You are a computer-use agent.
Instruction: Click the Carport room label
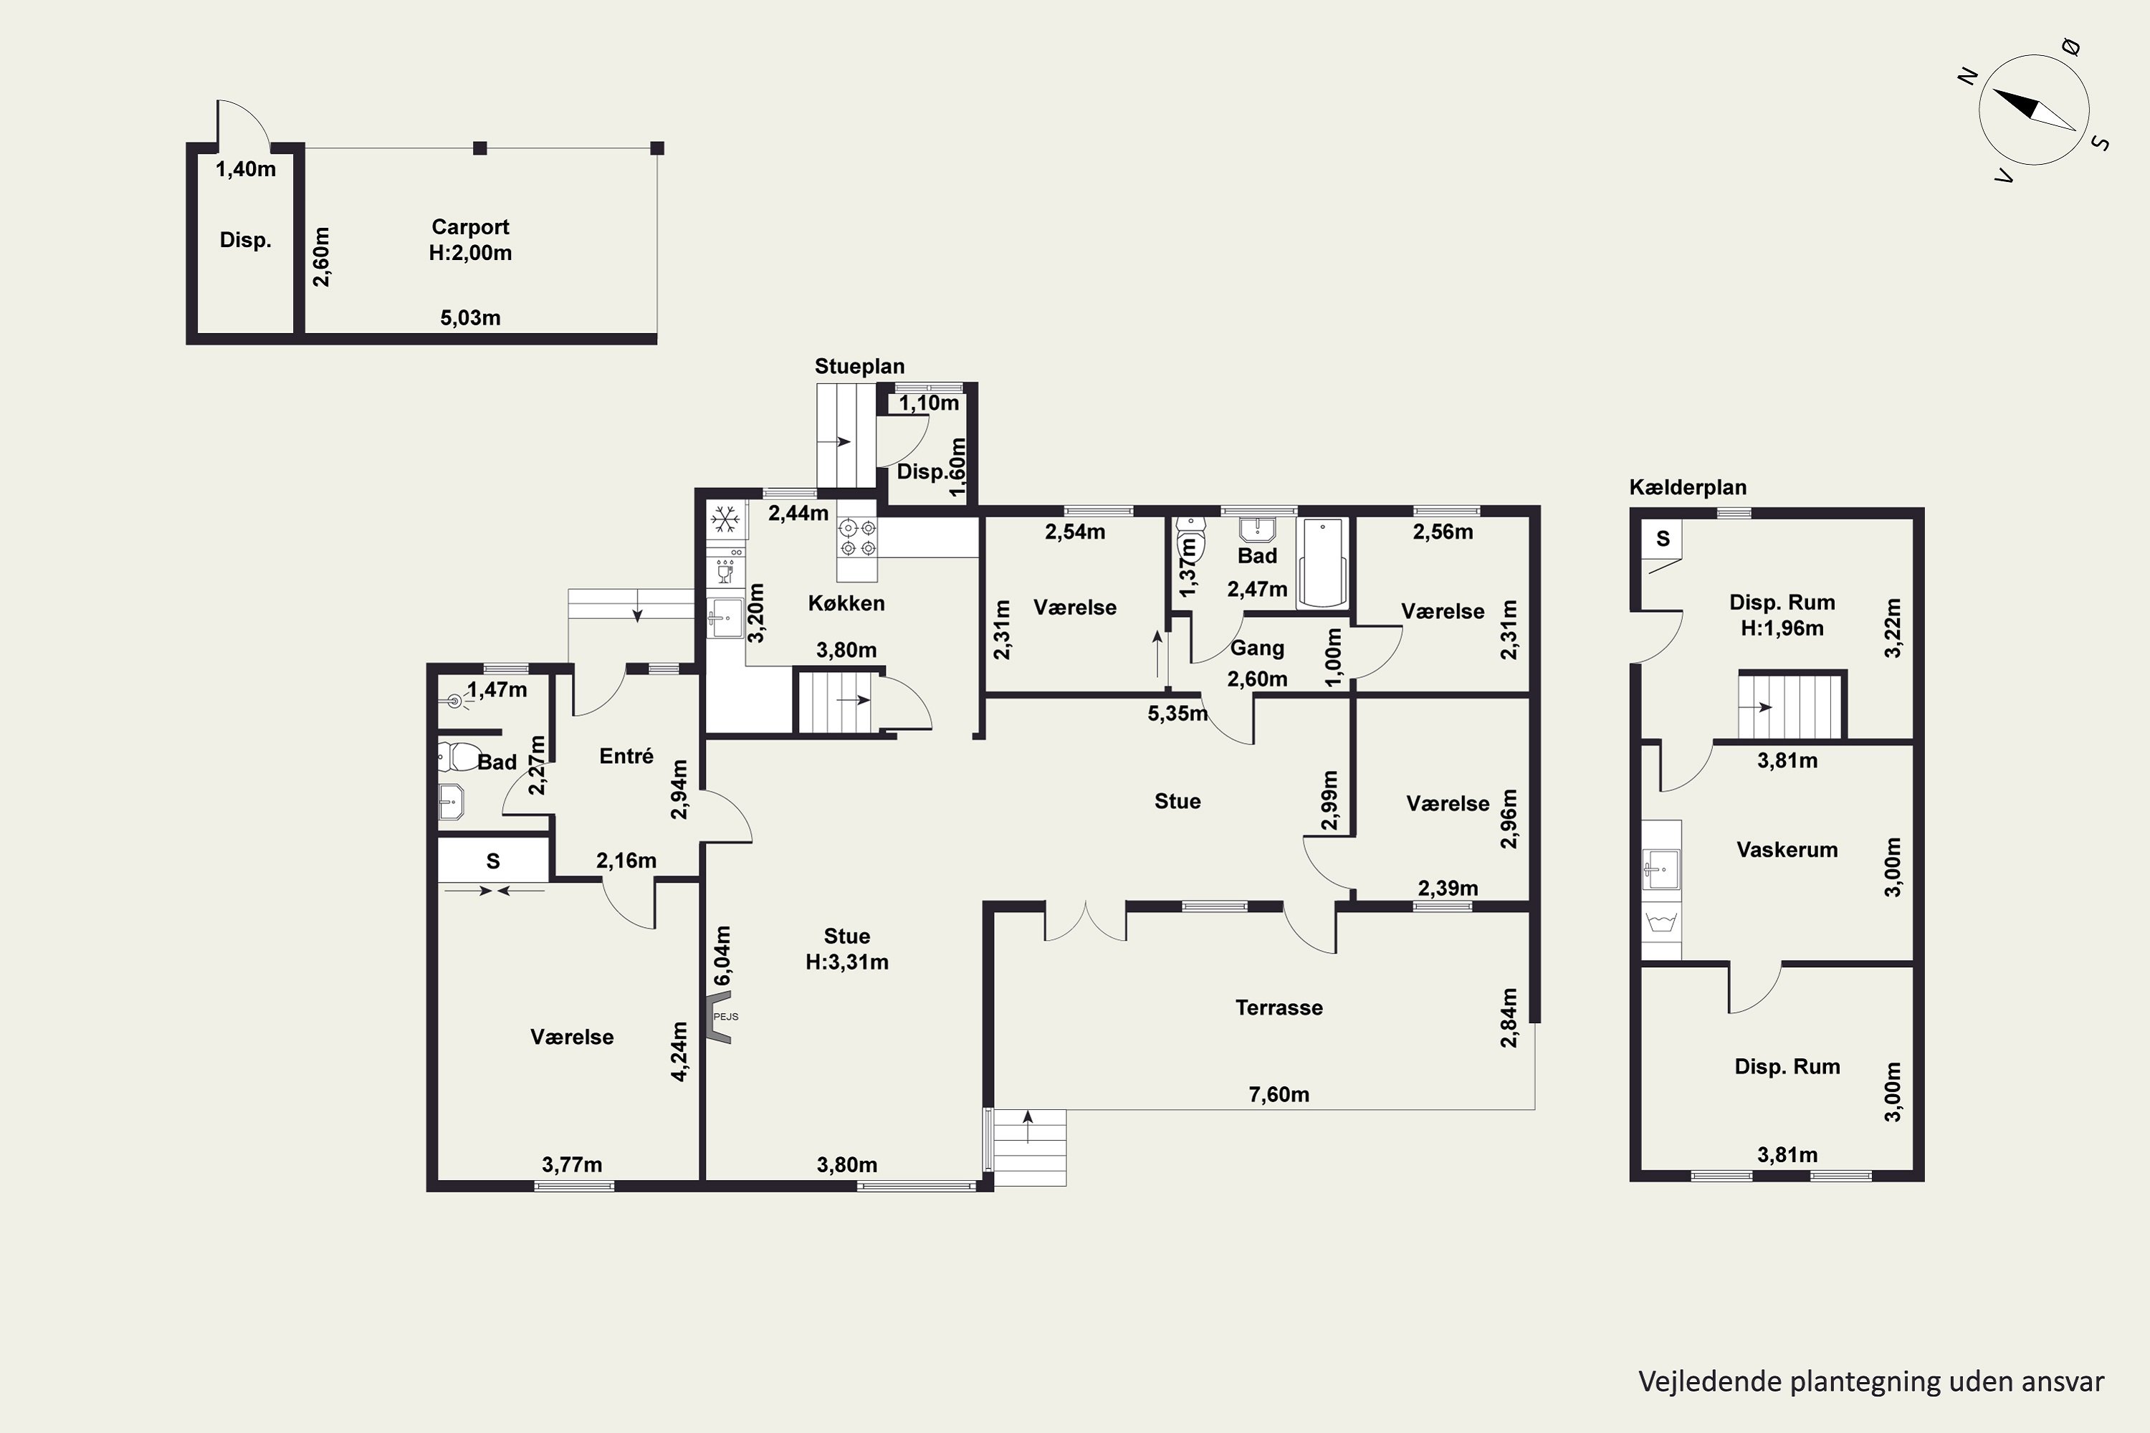pos(470,226)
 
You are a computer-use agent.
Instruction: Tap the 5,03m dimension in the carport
pos(470,318)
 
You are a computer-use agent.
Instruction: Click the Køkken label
pos(846,603)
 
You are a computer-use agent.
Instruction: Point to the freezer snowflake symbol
pos(726,521)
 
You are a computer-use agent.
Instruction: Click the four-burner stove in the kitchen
pos(857,538)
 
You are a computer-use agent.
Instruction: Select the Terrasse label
pos(1279,1008)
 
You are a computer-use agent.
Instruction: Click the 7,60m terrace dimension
pos(1279,1095)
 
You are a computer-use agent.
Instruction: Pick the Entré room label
pos(626,756)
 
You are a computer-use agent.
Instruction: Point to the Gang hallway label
pos(1257,648)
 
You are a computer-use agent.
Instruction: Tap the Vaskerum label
pos(1787,850)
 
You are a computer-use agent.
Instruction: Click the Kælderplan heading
pos(1688,487)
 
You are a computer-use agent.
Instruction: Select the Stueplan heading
pos(859,366)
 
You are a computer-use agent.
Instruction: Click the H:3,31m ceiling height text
pos(846,962)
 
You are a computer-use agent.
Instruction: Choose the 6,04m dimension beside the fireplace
pos(722,956)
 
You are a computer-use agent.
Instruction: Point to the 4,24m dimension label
pos(679,1052)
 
